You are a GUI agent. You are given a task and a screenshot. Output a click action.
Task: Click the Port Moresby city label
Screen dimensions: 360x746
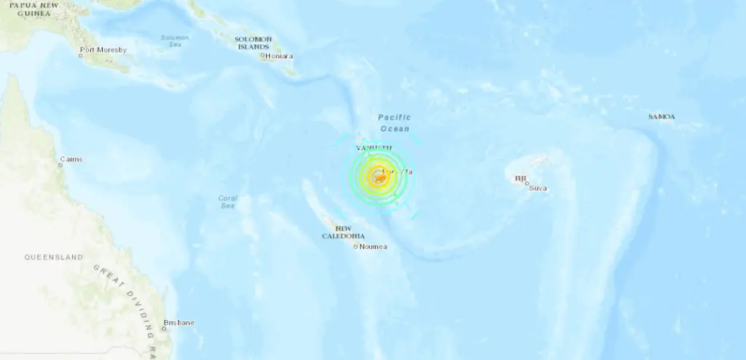coord(103,50)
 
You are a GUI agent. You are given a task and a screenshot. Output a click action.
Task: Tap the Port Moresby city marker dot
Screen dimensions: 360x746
coord(81,56)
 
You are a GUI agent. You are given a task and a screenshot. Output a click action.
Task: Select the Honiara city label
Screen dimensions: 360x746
coord(280,55)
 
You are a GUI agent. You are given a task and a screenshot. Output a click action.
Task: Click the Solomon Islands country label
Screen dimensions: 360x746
coord(253,43)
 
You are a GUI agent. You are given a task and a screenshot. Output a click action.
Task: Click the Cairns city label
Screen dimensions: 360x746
coord(71,159)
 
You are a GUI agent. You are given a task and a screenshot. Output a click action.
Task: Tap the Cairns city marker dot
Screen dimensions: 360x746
coord(61,165)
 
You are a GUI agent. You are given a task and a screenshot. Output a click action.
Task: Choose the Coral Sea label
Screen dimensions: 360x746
coord(228,202)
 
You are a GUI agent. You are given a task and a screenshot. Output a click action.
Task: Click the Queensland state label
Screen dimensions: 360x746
coord(53,257)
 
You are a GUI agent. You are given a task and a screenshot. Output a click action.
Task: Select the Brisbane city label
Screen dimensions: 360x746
coord(179,322)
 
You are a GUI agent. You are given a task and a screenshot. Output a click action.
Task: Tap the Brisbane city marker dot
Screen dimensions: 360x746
coord(164,328)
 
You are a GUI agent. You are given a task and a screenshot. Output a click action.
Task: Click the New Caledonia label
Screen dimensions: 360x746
coord(344,232)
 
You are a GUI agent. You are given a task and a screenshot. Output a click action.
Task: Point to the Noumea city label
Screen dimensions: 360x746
coord(374,246)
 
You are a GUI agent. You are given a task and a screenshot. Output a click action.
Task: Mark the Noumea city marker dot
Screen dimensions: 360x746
coord(356,246)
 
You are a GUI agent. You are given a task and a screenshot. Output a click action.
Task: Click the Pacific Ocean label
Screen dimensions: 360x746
coord(395,122)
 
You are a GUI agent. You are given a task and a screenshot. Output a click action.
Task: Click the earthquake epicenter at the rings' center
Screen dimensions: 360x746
coord(378,176)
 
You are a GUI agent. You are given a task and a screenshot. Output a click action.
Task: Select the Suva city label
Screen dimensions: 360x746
coord(538,188)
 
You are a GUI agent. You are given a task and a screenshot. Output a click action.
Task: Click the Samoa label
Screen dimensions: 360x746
coord(661,117)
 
